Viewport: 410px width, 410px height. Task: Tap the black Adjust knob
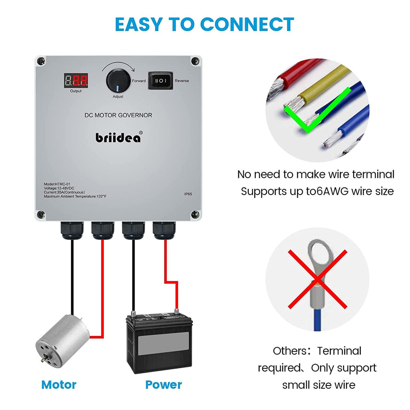click(117, 80)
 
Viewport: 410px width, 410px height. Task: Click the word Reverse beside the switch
click(182, 81)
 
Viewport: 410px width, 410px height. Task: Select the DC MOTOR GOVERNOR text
click(119, 115)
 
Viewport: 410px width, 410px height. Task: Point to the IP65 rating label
click(188, 194)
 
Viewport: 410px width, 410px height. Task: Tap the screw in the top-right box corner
click(195, 61)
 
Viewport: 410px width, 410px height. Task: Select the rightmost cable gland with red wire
click(163, 231)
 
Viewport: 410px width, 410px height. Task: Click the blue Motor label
click(59, 385)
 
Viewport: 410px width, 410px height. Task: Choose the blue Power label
click(163, 385)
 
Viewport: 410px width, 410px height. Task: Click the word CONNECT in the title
click(247, 24)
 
